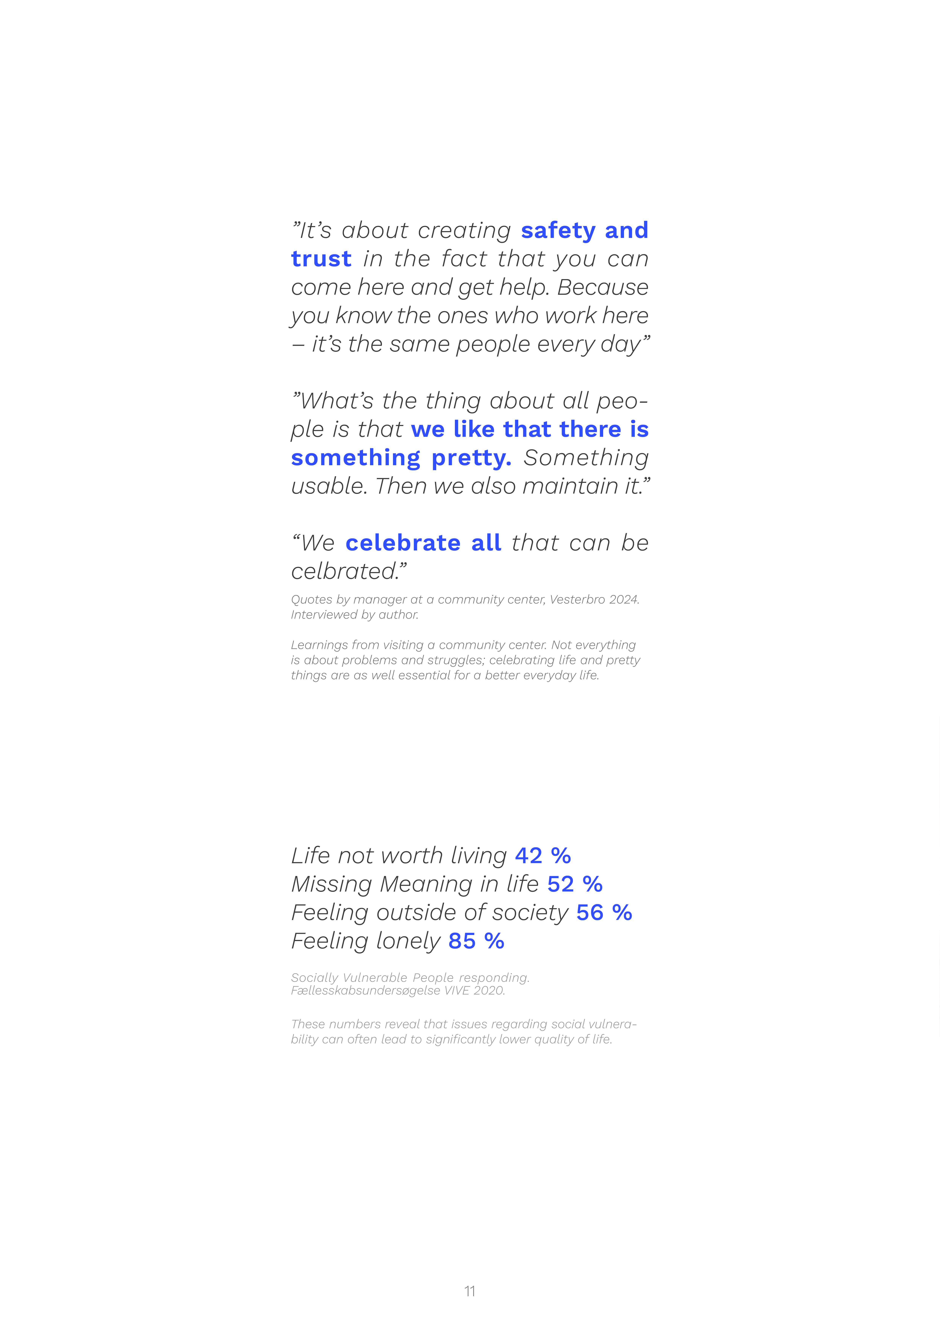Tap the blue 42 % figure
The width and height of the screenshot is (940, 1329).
point(543,855)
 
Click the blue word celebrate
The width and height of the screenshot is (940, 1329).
point(403,543)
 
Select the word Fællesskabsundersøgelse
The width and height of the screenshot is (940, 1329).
point(366,990)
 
